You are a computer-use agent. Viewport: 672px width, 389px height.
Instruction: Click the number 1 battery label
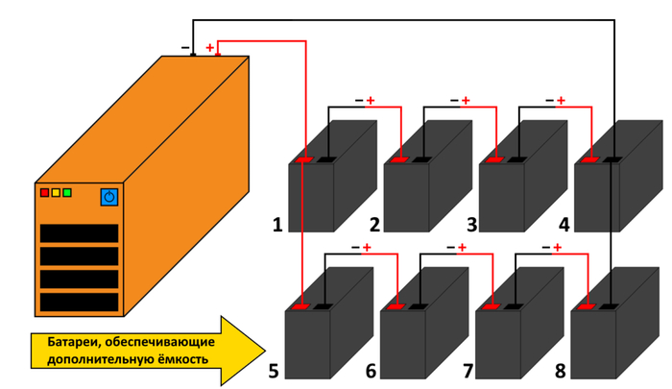click(277, 226)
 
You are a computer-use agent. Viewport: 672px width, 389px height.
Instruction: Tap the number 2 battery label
click(374, 226)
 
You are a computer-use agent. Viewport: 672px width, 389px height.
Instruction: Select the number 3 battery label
click(471, 226)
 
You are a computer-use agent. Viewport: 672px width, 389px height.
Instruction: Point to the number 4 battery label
click(564, 226)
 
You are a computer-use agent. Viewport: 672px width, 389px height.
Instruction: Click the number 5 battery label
click(275, 370)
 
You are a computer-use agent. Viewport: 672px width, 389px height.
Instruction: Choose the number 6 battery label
click(372, 370)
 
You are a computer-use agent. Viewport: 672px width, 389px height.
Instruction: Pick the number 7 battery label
click(468, 370)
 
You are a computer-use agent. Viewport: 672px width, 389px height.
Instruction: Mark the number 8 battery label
click(562, 370)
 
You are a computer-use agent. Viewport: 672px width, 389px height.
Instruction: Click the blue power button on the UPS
click(108, 197)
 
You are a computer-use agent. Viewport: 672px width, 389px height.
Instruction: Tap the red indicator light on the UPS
click(44, 193)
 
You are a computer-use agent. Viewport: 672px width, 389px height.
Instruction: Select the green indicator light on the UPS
click(67, 193)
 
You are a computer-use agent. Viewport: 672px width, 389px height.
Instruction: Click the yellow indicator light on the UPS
click(56, 193)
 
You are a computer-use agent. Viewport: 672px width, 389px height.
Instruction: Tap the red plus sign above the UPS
click(210, 46)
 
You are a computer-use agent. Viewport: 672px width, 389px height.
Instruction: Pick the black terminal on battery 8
click(611, 306)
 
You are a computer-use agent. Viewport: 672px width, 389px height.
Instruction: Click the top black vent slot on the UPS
click(79, 233)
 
